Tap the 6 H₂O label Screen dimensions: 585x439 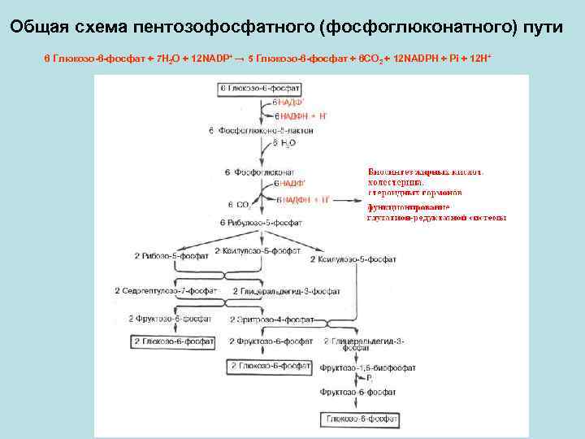click(x=285, y=143)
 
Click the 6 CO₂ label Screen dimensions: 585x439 click(x=238, y=204)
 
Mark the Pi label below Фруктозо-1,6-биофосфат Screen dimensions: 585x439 click(x=369, y=380)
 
